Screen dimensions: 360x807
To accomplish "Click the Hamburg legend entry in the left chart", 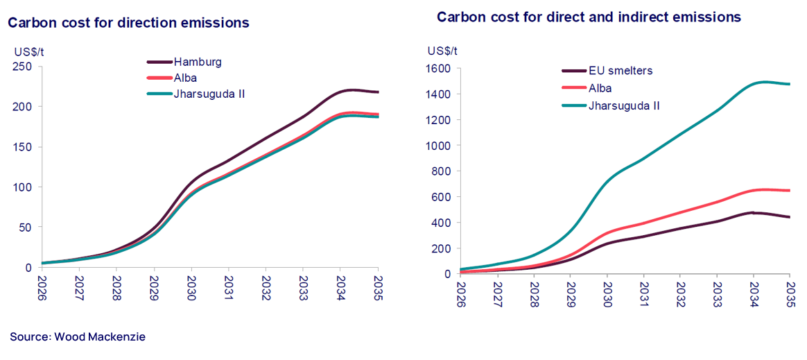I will (198, 62).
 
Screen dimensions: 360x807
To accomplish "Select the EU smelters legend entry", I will (621, 70).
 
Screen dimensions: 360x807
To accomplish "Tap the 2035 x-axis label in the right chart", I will (790, 294).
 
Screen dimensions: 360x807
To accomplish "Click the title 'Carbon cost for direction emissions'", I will (128, 23).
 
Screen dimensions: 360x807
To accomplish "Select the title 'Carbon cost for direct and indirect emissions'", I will (589, 16).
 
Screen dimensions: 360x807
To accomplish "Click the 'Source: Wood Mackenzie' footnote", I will (78, 337).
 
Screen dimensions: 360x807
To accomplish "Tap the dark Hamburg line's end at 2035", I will (377, 92).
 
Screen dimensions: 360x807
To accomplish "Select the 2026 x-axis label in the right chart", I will (460, 294).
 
